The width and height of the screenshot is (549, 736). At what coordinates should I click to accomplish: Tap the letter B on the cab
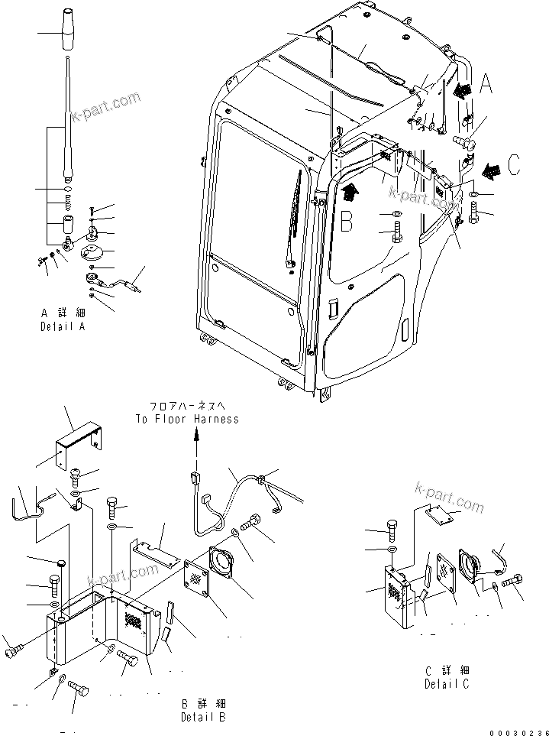pyautogui.click(x=345, y=222)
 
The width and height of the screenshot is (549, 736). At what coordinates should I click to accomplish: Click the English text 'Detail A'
pyautogui.click(x=64, y=326)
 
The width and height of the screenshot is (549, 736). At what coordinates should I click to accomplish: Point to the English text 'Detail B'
pyautogui.click(x=204, y=717)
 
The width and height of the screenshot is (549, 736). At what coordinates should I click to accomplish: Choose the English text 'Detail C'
pyautogui.click(x=447, y=684)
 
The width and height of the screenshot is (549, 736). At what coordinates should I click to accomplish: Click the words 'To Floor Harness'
pyautogui.click(x=187, y=419)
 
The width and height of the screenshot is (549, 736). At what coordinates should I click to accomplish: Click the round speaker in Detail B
pyautogui.click(x=230, y=565)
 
